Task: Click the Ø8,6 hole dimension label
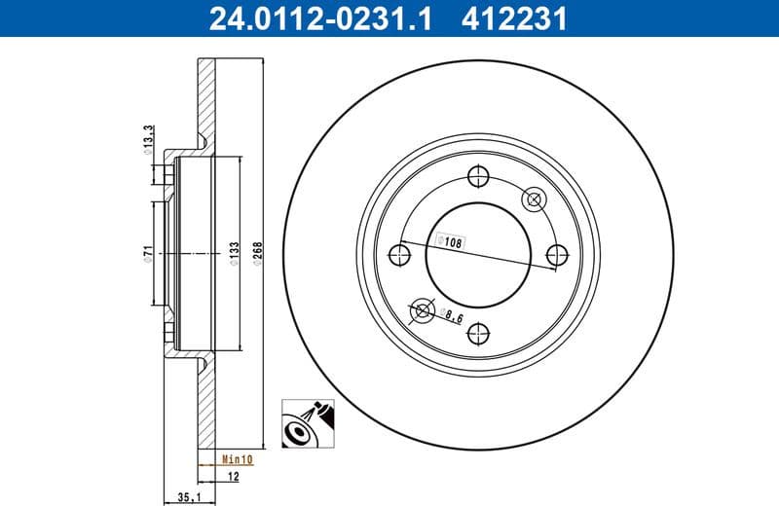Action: (x=451, y=315)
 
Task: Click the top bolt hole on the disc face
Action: (x=477, y=176)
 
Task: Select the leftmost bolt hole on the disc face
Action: (x=398, y=255)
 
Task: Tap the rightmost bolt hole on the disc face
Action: (x=557, y=255)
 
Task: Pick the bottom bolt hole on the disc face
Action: (x=477, y=334)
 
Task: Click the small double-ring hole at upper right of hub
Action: (x=534, y=199)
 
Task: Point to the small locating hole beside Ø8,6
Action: (x=422, y=310)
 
